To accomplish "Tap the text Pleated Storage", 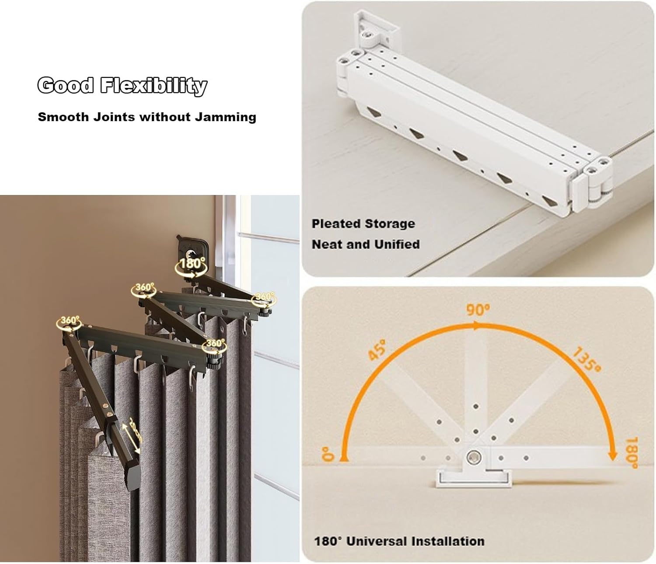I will pos(363,224).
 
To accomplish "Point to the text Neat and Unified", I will pos(366,244).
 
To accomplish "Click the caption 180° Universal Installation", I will pos(399,541).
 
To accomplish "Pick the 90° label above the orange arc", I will pos(478,310).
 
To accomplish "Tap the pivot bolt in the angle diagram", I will pos(473,457).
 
